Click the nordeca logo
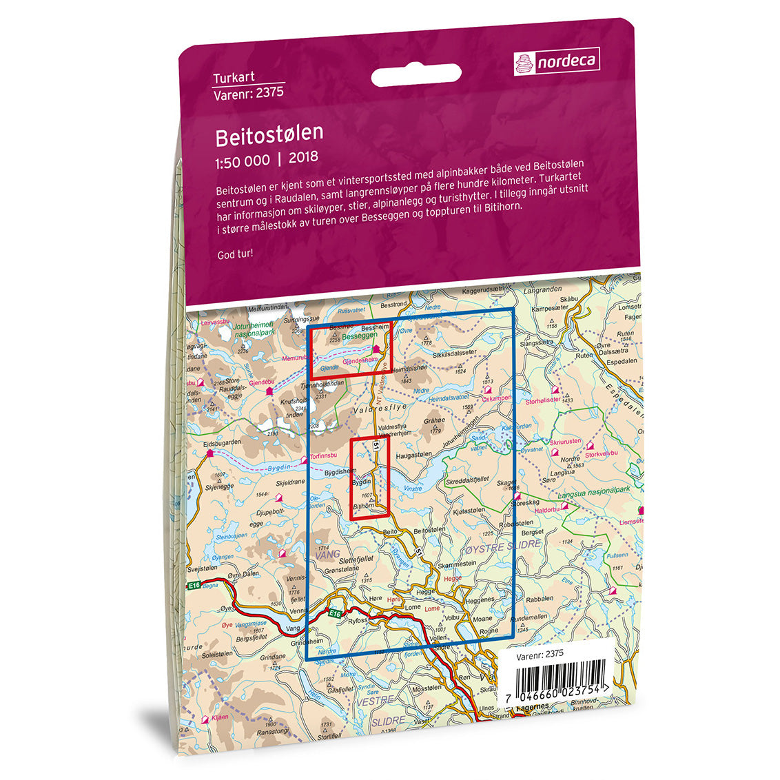pyautogui.click(x=556, y=61)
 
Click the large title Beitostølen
pyautogui.click(x=269, y=136)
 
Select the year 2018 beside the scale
pyautogui.click(x=304, y=158)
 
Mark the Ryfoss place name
pyautogui.click(x=358, y=620)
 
